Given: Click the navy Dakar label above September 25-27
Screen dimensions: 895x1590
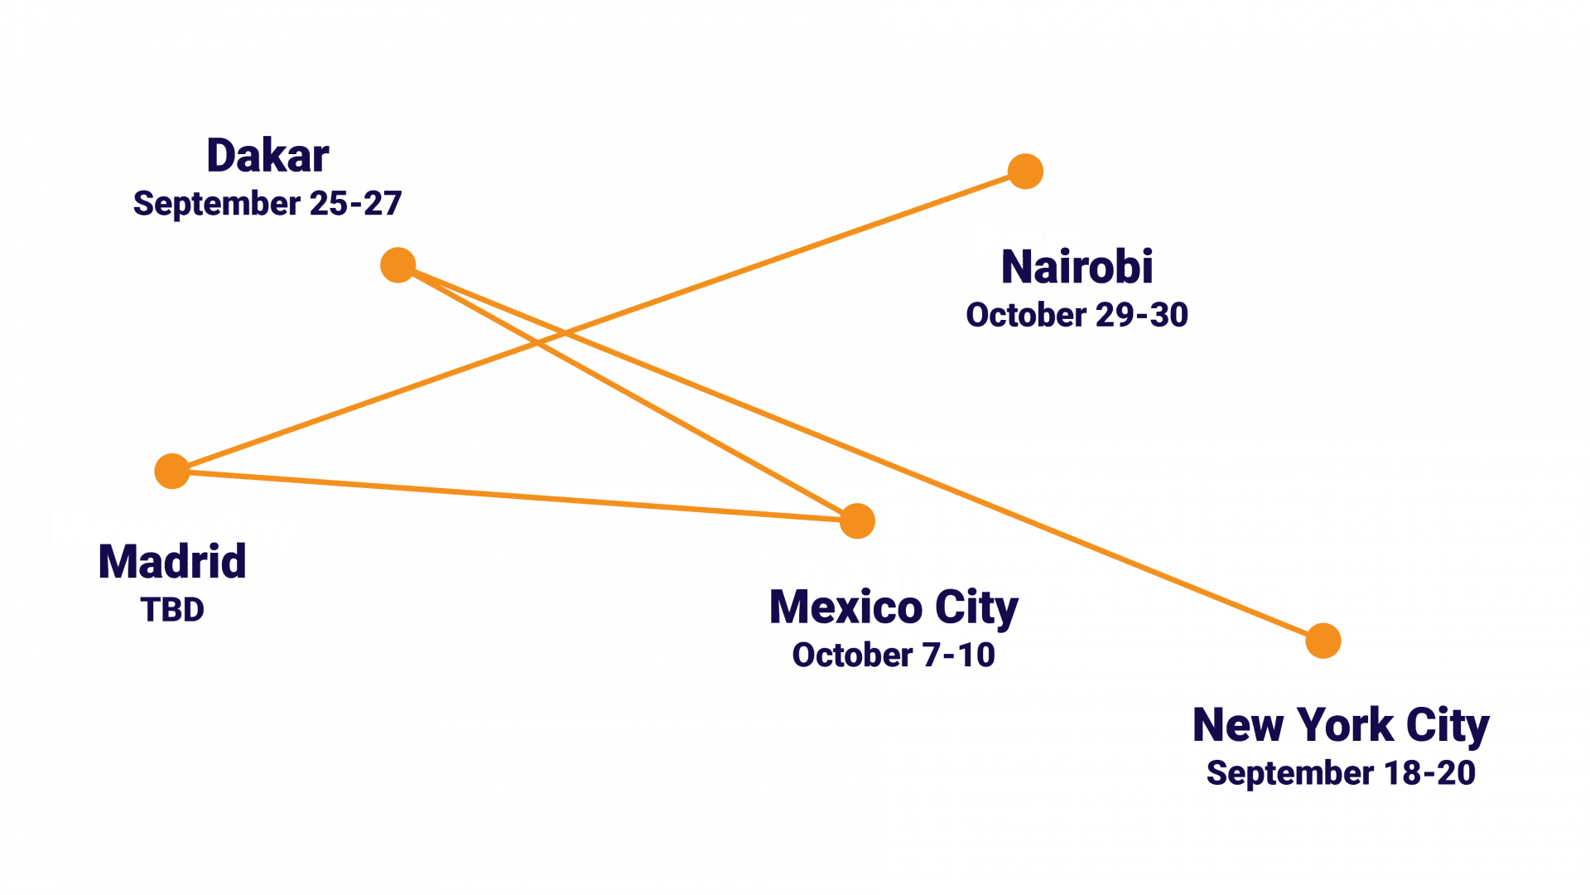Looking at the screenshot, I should (x=267, y=156).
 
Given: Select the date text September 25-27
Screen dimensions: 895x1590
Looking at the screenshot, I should (x=267, y=203).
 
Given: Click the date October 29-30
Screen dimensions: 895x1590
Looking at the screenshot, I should (x=1077, y=315).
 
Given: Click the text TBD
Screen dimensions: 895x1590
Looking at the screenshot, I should (x=172, y=610).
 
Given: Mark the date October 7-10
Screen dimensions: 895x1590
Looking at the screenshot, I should (x=894, y=656).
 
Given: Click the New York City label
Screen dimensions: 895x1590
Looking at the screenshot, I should (x=1341, y=726).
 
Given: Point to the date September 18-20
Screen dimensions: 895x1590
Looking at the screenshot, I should (x=1341, y=773).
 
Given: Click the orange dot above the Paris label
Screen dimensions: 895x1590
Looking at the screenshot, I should (x=1025, y=172).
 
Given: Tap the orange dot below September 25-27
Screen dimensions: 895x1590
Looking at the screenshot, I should (x=398, y=265).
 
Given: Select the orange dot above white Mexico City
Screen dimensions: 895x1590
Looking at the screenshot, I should (x=172, y=471).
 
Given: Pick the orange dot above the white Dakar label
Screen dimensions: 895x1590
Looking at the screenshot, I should (x=857, y=521).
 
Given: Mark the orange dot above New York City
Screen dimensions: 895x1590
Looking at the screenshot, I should (x=1323, y=641).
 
